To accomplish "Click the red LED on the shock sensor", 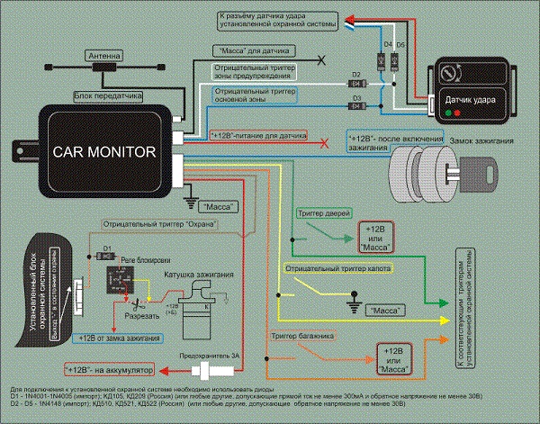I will (x=460, y=113).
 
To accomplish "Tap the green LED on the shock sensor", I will (x=447, y=113).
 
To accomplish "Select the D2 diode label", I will (x=355, y=75).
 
